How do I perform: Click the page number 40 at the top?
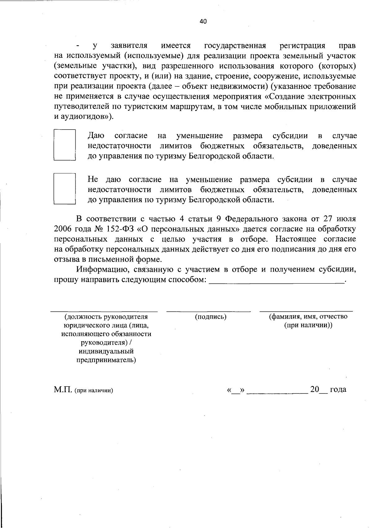click(x=203, y=21)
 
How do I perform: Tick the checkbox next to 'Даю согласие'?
click(x=65, y=144)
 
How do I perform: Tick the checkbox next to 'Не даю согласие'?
click(x=65, y=189)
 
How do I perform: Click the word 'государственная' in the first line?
click(x=235, y=46)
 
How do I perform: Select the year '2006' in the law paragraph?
click(x=63, y=229)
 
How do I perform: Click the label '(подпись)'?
click(x=210, y=317)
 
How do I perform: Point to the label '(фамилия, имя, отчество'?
click(x=308, y=317)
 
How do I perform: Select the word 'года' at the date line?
click(x=338, y=389)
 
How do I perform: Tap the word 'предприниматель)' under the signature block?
click(x=106, y=360)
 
